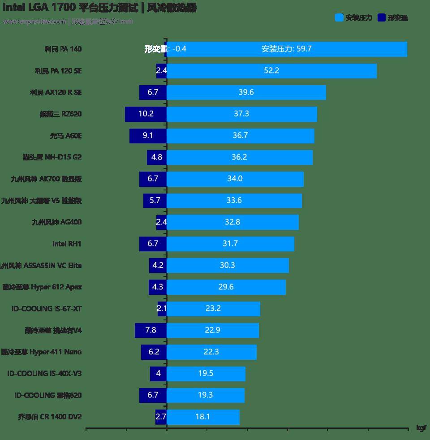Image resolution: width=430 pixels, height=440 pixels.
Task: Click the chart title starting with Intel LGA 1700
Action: pos(99,8)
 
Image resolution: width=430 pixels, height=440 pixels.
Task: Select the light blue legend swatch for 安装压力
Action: pos(339,18)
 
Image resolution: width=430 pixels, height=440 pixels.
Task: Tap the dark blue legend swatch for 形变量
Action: pos(381,18)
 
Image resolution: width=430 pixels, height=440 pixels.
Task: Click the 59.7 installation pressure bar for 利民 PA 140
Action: pos(287,49)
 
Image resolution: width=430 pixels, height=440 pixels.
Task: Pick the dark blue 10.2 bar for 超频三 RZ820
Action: pos(146,114)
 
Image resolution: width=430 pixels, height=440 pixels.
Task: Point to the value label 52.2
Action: pos(271,71)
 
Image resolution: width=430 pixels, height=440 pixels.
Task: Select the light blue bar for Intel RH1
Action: pos(230,244)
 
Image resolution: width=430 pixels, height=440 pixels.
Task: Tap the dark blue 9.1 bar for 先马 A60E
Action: pos(148,136)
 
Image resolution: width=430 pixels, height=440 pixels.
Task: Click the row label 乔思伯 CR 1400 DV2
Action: pos(50,417)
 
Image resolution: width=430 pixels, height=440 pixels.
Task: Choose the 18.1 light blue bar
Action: pos(203,417)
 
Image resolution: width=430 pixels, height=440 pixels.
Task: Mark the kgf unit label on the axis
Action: pos(421,428)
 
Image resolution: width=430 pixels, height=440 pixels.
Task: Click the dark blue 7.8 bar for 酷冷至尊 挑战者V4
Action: pos(150,331)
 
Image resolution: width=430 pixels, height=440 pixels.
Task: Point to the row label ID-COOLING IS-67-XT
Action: pos(47,309)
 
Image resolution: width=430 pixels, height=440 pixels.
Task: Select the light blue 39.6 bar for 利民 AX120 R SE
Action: pos(246,93)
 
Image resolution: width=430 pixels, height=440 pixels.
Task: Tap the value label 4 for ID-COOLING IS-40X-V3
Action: pos(158,374)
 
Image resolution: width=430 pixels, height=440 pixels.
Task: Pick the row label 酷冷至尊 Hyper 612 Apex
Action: pos(42,287)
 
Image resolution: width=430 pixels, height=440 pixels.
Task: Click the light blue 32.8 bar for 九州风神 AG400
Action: pos(232,222)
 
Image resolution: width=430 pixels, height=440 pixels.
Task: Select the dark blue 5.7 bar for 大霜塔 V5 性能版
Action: pos(155,201)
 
